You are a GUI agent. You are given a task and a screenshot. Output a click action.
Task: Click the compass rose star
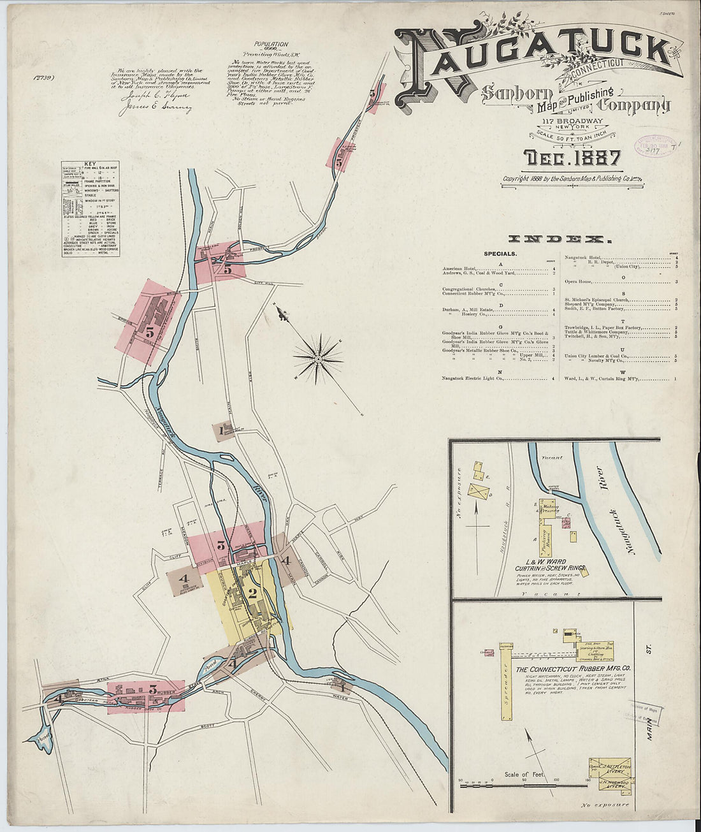pyautogui.click(x=318, y=360)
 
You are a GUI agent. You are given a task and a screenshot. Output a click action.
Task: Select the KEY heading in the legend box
pyautogui.click(x=90, y=164)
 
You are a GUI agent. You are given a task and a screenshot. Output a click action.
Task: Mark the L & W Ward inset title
pyautogui.click(x=547, y=562)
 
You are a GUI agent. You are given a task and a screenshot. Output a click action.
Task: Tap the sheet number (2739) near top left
pyautogui.click(x=43, y=78)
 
